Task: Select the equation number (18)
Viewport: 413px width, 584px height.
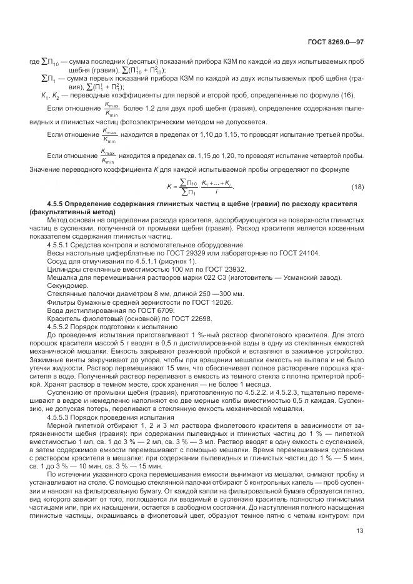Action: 358,187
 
